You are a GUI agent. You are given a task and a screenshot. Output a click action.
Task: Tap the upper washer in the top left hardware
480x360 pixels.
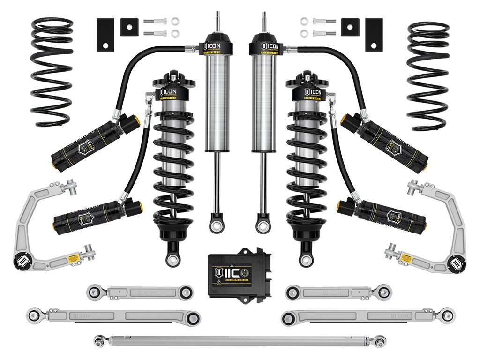175,22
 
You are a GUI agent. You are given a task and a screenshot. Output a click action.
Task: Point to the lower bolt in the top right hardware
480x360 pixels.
323,33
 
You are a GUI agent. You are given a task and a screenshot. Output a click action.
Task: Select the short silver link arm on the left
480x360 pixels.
140,292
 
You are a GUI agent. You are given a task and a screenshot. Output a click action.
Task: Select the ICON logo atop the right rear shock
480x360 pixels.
264,46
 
